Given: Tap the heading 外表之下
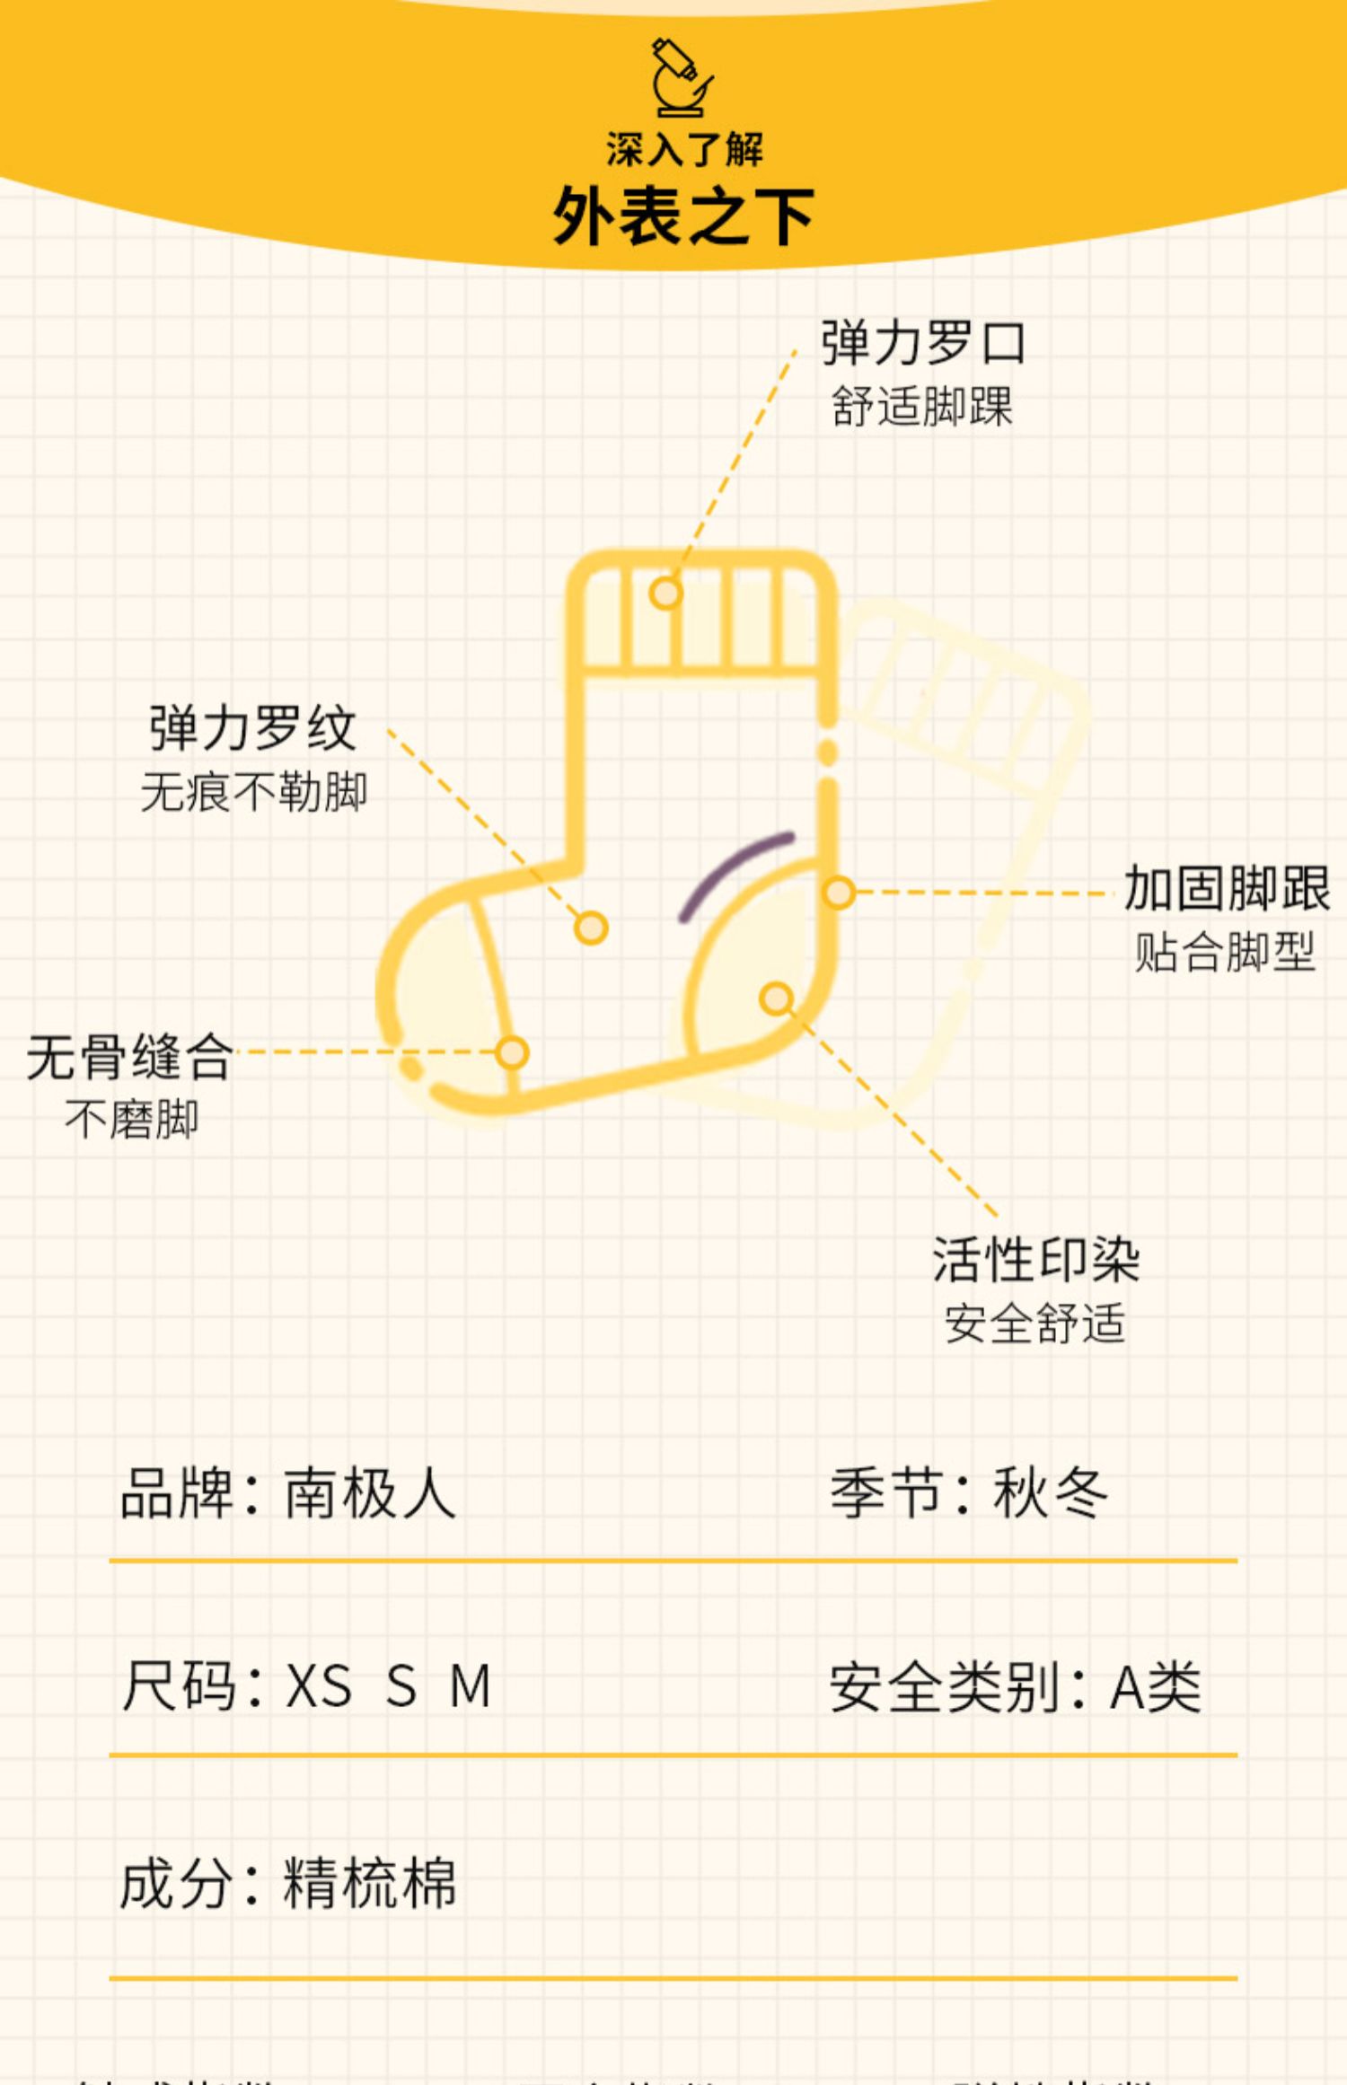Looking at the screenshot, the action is [x=682, y=216].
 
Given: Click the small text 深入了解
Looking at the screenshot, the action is [x=684, y=149].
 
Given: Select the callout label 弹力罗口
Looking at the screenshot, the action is [x=923, y=344].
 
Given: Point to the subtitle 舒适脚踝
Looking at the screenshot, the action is [x=922, y=407].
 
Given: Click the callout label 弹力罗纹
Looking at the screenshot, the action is [x=253, y=728].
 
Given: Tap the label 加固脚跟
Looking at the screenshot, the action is [x=1226, y=889].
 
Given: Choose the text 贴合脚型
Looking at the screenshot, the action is [x=1225, y=952].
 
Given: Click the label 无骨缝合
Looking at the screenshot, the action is [x=131, y=1057].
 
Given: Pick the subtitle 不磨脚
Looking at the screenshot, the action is [x=132, y=1120].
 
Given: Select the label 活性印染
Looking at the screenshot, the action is [x=1036, y=1260].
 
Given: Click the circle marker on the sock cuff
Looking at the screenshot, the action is [x=665, y=593].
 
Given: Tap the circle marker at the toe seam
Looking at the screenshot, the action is [x=512, y=1052].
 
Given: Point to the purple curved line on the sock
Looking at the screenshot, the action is [x=733, y=869].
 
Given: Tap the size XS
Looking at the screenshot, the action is [x=318, y=1685].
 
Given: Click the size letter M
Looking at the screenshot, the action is [x=471, y=1685].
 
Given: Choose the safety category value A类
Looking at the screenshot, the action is [x=1156, y=1687].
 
